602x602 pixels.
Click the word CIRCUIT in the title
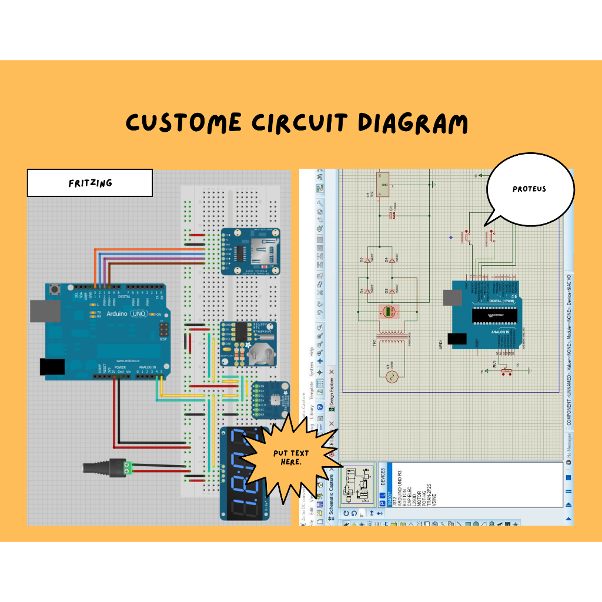coord(299,123)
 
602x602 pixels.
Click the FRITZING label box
coord(90,183)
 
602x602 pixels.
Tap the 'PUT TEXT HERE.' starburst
coord(287,457)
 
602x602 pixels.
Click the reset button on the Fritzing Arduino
coord(56,289)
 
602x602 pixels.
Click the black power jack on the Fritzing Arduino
coord(52,367)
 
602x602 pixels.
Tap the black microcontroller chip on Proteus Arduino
coord(494,315)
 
